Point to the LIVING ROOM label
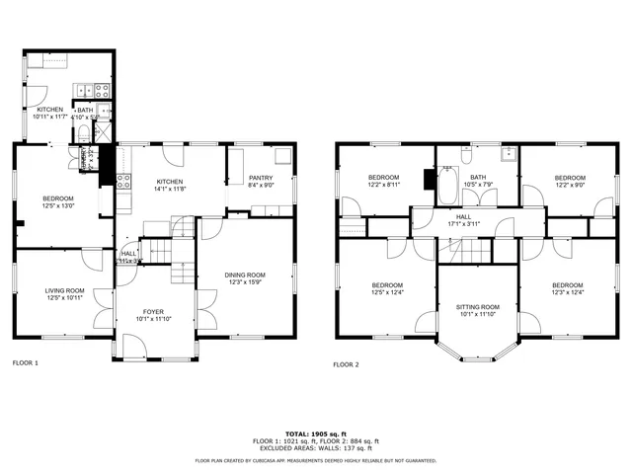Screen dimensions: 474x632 pos(64,289)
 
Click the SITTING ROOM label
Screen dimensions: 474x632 pos(477,307)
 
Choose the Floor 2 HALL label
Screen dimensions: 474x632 pos(463,216)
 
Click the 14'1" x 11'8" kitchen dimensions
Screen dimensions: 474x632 pos(171,190)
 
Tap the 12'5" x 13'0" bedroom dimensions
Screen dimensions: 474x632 pos(58,205)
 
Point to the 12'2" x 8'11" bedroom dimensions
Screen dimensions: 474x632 pos(383,184)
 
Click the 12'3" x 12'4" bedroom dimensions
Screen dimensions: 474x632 pos(567,291)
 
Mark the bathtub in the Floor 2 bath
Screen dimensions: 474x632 pos(447,185)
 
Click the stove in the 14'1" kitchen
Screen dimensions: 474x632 pos(124,181)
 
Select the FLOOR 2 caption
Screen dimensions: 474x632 pos(346,364)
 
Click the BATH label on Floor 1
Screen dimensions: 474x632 pos(85,110)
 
